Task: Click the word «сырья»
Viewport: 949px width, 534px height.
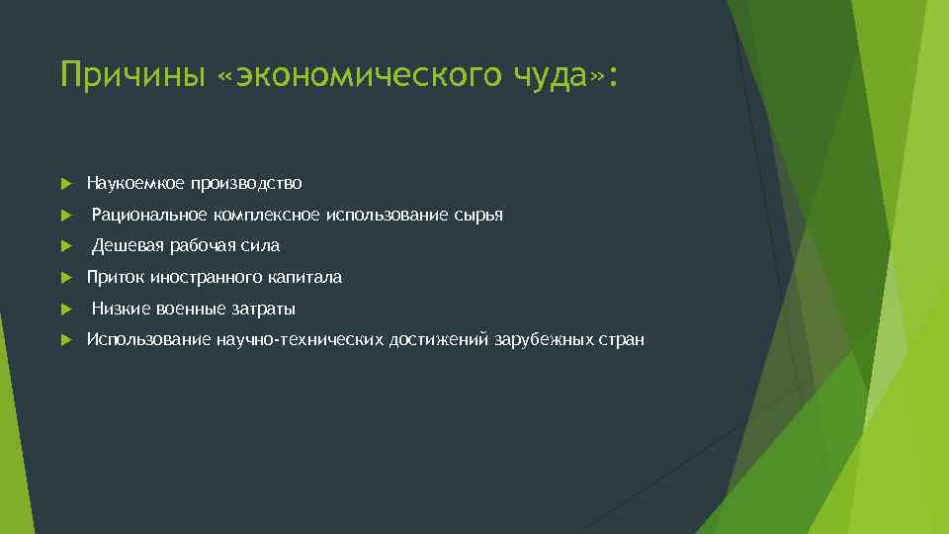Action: click(479, 215)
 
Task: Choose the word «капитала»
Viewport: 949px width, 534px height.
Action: click(301, 278)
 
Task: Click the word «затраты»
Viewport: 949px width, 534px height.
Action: click(263, 310)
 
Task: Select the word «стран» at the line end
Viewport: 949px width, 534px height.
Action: click(622, 340)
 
